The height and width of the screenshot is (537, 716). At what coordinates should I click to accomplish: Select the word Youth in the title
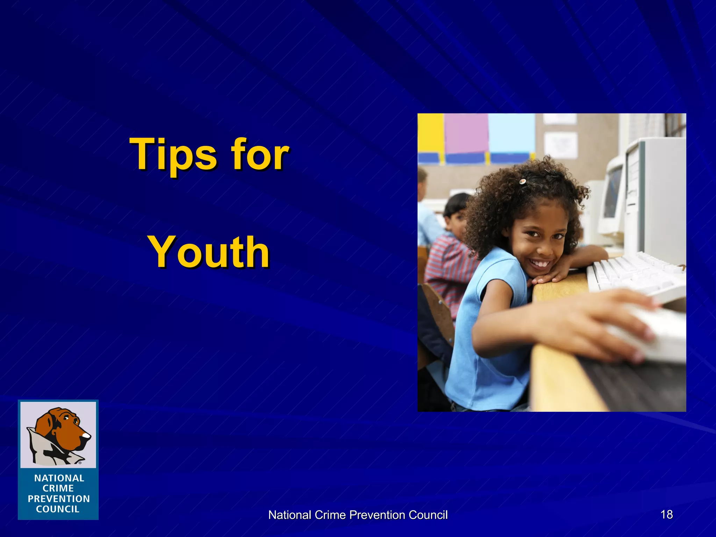208,252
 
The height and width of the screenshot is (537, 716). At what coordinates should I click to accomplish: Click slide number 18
666,514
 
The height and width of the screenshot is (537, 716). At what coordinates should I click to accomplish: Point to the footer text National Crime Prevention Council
358,515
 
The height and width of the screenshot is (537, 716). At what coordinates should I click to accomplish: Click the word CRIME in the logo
58,488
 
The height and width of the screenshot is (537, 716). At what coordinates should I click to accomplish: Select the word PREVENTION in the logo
59,499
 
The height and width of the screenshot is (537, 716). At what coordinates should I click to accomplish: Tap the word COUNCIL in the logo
58,509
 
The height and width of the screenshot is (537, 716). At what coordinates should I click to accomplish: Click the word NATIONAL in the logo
59,478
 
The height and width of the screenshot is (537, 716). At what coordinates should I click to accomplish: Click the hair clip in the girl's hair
522,181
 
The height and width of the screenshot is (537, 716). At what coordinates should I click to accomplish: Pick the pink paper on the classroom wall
466,133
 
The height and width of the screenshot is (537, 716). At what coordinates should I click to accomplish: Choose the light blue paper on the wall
511,133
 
